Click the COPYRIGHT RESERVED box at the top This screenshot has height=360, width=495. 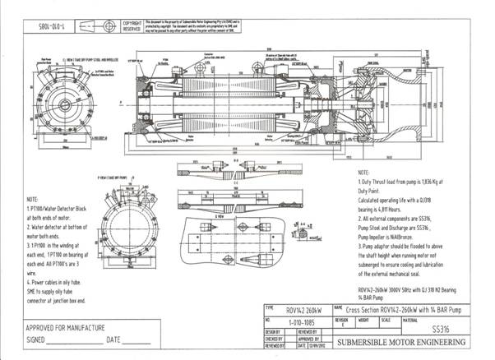pyautogui.click(x=132, y=26)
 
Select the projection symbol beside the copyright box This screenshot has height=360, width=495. pyautogui.click(x=108, y=26)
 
